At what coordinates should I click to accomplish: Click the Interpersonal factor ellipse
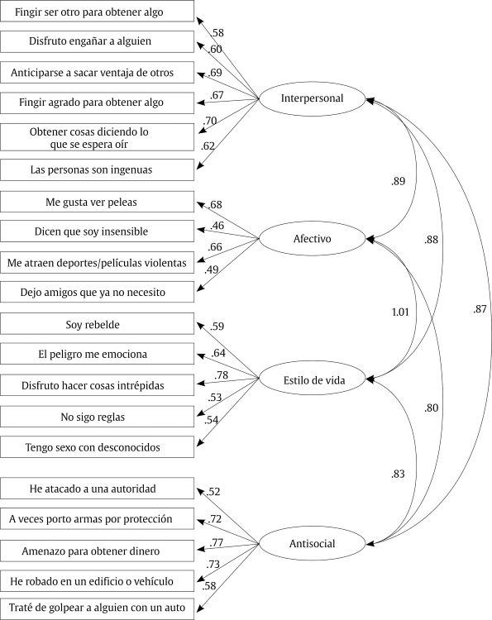[313, 99]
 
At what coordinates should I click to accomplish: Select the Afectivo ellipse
[313, 239]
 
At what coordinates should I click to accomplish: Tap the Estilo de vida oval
[313, 379]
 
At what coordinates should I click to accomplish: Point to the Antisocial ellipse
[313, 543]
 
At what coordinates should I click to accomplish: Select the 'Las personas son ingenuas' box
[98, 170]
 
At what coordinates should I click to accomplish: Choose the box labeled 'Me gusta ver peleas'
[98, 202]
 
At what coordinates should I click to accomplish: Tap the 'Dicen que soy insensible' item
[98, 231]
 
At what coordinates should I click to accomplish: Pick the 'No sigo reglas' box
[98, 417]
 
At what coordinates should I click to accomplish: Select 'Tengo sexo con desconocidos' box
[98, 447]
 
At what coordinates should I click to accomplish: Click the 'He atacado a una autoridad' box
[98, 489]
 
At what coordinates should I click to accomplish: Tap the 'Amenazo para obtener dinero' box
[98, 551]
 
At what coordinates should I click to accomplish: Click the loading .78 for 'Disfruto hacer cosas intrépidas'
[221, 375]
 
